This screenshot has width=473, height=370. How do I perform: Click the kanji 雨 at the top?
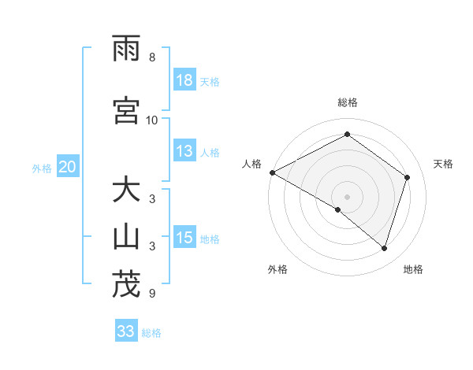pyautogui.click(x=126, y=49)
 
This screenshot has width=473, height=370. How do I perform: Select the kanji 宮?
pyautogui.click(x=126, y=111)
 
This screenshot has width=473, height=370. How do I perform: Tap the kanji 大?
pyautogui.click(x=126, y=191)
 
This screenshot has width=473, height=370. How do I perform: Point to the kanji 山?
pyautogui.click(x=126, y=237)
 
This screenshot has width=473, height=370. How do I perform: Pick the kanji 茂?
pyautogui.click(x=126, y=284)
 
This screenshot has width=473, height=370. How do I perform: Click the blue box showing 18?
pyautogui.click(x=184, y=80)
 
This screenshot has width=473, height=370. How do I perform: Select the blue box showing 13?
pyautogui.click(x=184, y=152)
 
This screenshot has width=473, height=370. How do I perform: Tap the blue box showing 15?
pyautogui.click(x=184, y=239)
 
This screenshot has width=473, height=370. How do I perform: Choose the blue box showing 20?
pyautogui.click(x=68, y=167)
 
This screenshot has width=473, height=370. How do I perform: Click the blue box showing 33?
pyautogui.click(x=126, y=331)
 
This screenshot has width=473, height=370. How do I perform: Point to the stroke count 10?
pyautogui.click(x=152, y=120)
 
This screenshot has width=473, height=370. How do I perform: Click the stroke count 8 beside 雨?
pyautogui.click(x=152, y=57)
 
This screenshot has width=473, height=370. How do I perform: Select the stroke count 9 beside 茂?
pyautogui.click(x=152, y=294)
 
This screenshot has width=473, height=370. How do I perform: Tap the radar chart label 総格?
pyautogui.click(x=347, y=102)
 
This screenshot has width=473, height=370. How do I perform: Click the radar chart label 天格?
pyautogui.click(x=443, y=164)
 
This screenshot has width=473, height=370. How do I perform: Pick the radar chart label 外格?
pyautogui.click(x=277, y=269)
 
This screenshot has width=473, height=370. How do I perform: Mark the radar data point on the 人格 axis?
pyautogui.click(x=272, y=172)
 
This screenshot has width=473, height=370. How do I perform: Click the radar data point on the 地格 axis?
pyautogui.click(x=384, y=249)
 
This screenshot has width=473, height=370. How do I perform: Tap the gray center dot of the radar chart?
pyautogui.click(x=347, y=196)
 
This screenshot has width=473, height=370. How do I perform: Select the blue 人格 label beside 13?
pyautogui.click(x=210, y=153)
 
